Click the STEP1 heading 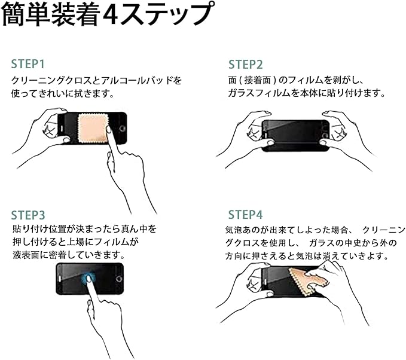tap(28, 64)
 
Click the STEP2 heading tap(246, 65)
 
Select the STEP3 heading tap(28, 215)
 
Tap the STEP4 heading tap(246, 215)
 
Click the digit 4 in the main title tap(111, 15)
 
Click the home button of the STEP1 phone tap(122, 129)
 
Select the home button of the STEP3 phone tap(119, 279)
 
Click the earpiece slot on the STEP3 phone tap(60, 279)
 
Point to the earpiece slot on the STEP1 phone tap(62, 129)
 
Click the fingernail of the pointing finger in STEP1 tap(109, 129)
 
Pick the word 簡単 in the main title tap(25, 14)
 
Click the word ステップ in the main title tap(167, 14)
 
